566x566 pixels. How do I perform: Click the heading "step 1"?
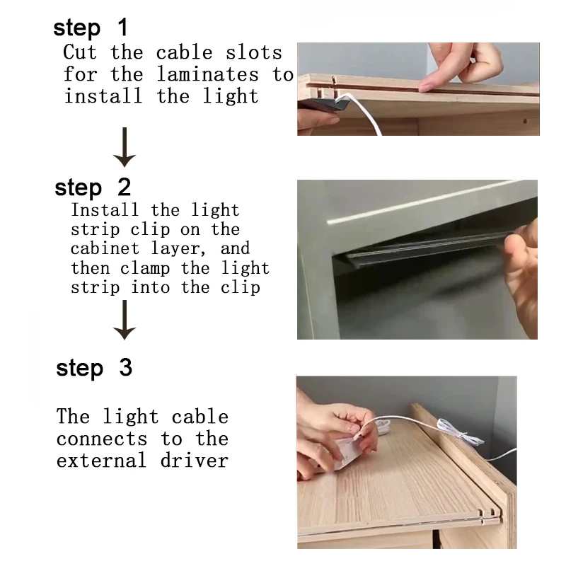pyautogui.click(x=91, y=28)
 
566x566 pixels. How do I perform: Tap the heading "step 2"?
pyautogui.click(x=93, y=187)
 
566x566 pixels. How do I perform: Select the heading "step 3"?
pyautogui.click(x=94, y=368)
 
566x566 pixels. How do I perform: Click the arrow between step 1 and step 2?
pyautogui.click(x=125, y=147)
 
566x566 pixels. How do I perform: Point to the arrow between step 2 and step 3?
pyautogui.click(x=125, y=320)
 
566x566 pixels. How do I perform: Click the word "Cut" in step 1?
pyautogui.click(x=80, y=52)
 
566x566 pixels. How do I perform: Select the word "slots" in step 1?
pyautogui.click(x=254, y=52)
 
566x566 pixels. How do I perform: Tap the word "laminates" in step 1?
pyautogui.click(x=208, y=74)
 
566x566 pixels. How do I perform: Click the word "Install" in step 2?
pyautogui.click(x=105, y=209)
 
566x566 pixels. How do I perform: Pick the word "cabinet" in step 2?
pyautogui.click(x=105, y=248)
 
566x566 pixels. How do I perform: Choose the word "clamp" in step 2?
pyautogui.click(x=145, y=268)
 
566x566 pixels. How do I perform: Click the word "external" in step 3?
pyautogui.click(x=101, y=461)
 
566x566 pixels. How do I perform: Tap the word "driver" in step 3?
pyautogui.click(x=194, y=461)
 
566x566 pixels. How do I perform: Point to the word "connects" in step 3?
pyautogui.click(x=102, y=439)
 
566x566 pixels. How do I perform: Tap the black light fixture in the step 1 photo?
pyautogui.click(x=323, y=103)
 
